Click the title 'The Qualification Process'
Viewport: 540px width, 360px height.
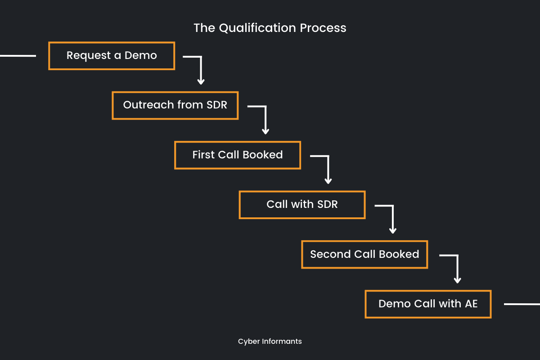[270, 28]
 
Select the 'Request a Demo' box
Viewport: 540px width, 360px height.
[112, 56]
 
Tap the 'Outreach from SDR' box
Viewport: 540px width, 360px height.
[175, 105]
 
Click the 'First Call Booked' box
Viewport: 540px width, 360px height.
[238, 155]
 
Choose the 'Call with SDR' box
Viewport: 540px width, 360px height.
[302, 205]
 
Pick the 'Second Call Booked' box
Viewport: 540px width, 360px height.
[364, 254]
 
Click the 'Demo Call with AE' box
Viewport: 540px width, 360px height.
[428, 304]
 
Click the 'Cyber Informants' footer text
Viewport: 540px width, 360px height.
[270, 342]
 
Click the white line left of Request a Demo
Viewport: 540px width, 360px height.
[18, 56]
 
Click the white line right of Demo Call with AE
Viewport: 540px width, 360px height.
[522, 304]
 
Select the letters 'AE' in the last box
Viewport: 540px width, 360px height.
[471, 304]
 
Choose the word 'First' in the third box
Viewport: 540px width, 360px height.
[203, 155]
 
